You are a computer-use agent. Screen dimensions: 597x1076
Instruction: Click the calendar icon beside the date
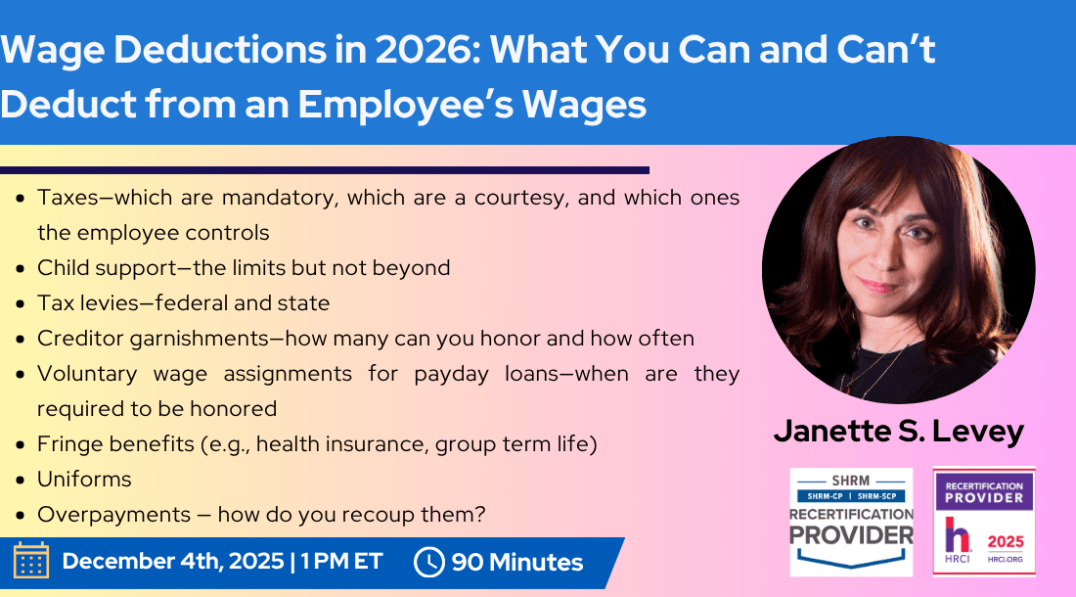(30, 562)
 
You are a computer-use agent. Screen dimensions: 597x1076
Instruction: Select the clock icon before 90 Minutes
(429, 563)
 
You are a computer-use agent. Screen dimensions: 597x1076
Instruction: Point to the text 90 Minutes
(516, 563)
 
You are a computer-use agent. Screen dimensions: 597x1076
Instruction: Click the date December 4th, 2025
(173, 562)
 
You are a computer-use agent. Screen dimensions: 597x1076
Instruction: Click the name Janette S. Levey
(898, 432)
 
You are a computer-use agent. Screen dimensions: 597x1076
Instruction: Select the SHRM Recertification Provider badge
(851, 521)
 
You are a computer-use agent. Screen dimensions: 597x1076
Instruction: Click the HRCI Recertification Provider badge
(983, 521)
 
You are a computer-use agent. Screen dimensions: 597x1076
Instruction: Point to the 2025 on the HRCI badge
(1005, 538)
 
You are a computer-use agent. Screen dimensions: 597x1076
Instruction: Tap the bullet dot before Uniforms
(22, 481)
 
